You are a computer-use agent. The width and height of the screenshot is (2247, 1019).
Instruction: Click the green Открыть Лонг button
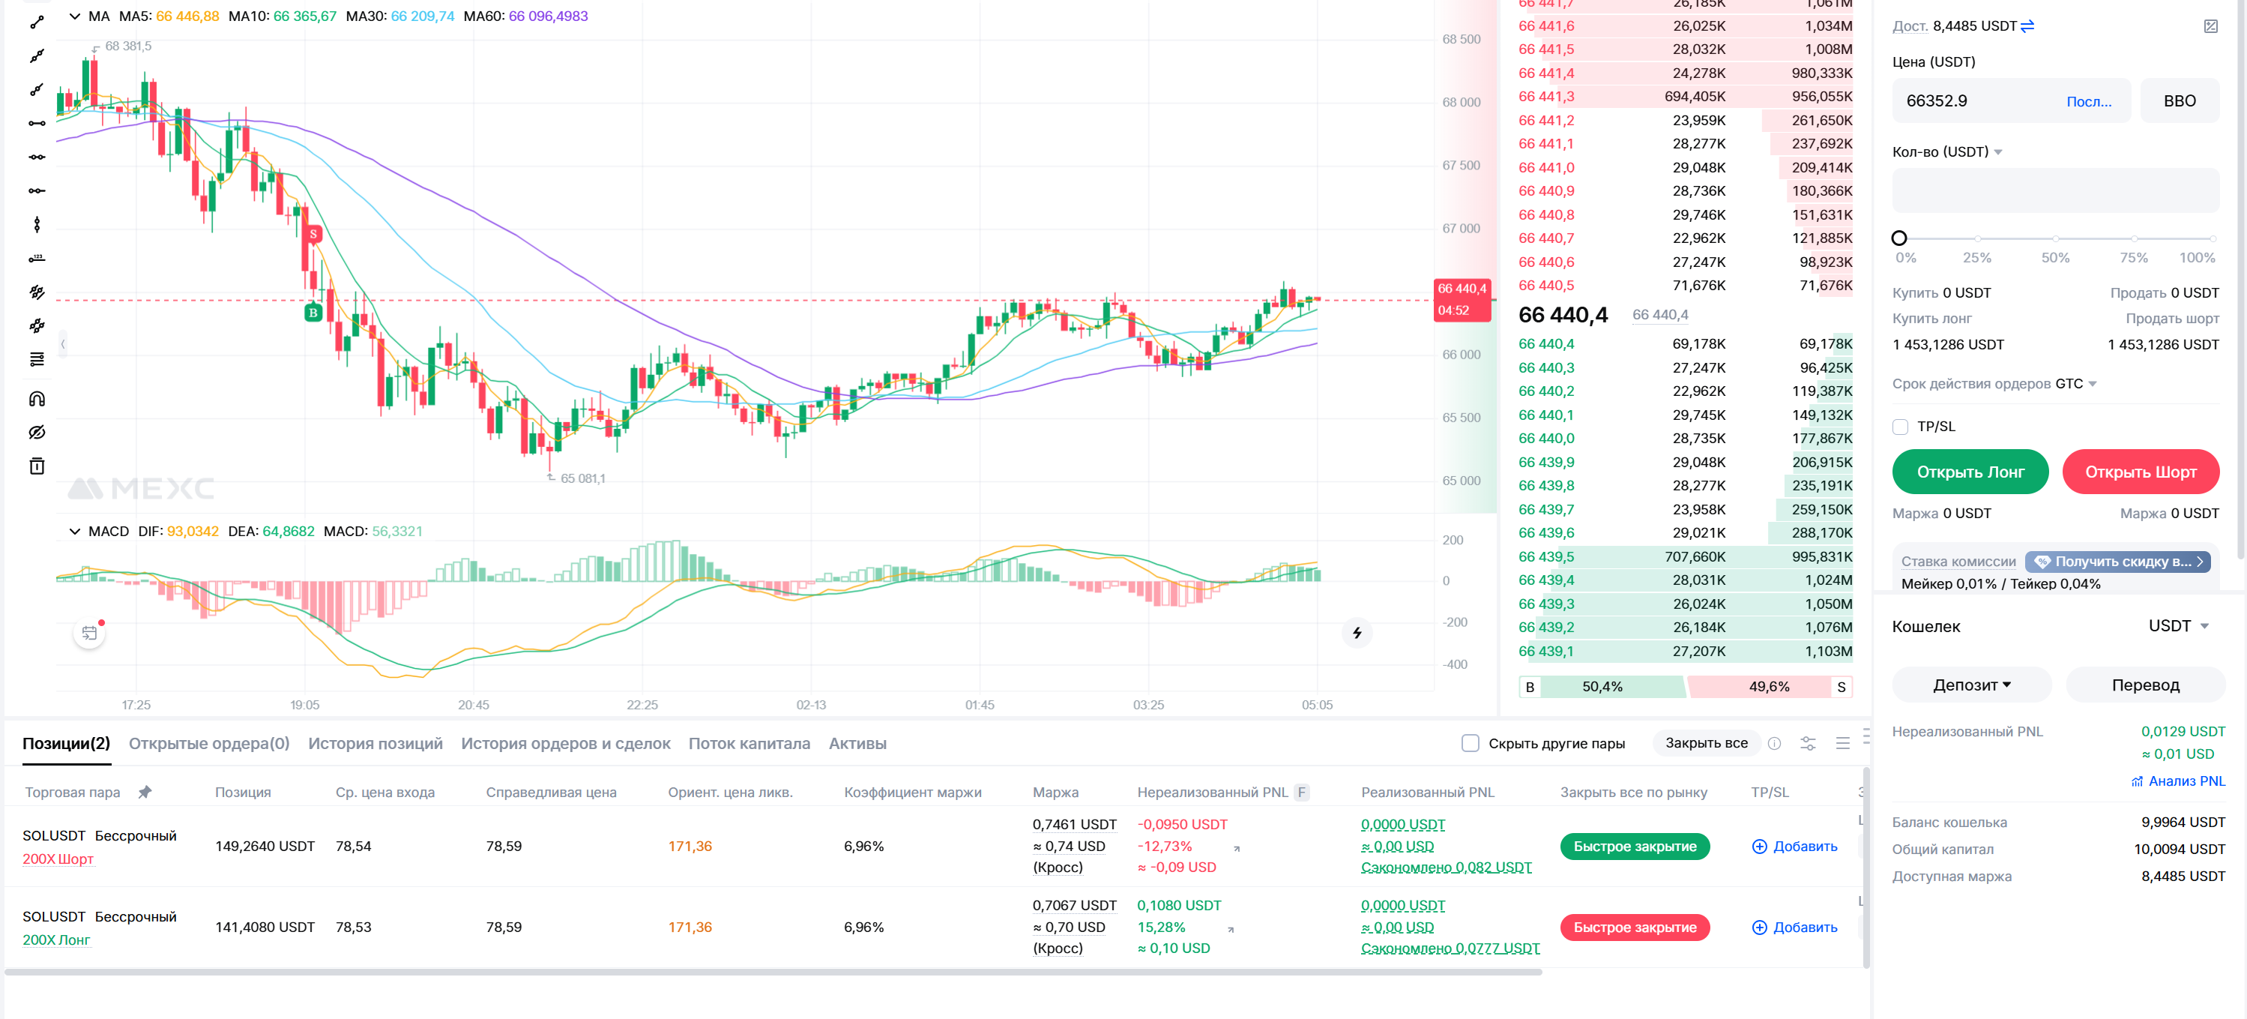[1970, 472]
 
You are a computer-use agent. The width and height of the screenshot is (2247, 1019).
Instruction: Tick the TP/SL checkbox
[1900, 427]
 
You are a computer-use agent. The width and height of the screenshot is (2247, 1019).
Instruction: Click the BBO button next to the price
[2179, 101]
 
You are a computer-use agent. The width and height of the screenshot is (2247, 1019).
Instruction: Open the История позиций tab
[375, 743]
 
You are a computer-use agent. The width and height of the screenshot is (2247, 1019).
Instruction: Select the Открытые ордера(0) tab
[209, 743]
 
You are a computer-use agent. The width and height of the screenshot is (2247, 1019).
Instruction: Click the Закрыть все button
[1705, 743]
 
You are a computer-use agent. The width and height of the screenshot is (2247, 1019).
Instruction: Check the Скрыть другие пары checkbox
[1471, 743]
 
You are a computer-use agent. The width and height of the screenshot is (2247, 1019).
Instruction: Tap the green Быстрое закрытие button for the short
[1634, 847]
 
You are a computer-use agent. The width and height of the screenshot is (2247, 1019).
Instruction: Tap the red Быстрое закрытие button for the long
[1634, 928]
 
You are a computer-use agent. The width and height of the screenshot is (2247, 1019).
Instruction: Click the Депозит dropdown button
[1971, 685]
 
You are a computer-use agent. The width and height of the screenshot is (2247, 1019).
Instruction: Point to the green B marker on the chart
[313, 313]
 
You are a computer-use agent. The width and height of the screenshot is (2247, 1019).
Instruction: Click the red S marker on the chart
[313, 234]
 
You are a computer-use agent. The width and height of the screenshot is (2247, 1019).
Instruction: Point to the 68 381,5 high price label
[128, 46]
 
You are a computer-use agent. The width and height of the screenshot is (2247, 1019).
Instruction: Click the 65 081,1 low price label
[582, 478]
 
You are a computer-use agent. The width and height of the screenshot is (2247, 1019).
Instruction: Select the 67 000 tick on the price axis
[1461, 229]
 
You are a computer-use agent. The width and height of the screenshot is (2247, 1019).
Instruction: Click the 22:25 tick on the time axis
[642, 705]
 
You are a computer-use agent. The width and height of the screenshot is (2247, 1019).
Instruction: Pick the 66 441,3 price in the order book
[1545, 97]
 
